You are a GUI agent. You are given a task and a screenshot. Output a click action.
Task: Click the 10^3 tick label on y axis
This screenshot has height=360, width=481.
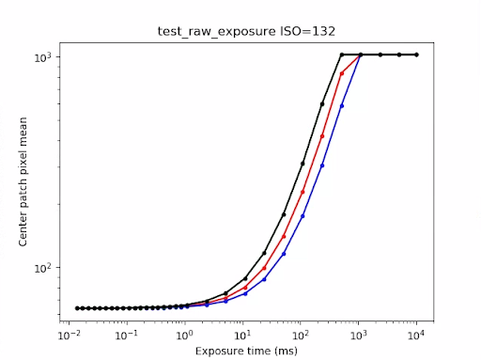(x=43, y=56)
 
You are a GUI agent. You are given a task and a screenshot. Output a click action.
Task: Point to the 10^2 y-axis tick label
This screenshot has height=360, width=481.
(x=43, y=268)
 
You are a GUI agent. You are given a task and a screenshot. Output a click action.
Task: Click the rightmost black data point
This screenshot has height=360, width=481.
(x=417, y=55)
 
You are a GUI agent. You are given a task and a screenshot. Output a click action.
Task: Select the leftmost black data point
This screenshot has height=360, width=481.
(x=77, y=308)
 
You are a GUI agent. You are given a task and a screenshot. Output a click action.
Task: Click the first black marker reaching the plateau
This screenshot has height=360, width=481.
(x=342, y=55)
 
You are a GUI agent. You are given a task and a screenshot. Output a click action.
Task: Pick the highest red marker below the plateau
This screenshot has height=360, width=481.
(x=342, y=73)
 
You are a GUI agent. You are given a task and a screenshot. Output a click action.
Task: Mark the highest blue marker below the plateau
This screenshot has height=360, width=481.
(x=342, y=105)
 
